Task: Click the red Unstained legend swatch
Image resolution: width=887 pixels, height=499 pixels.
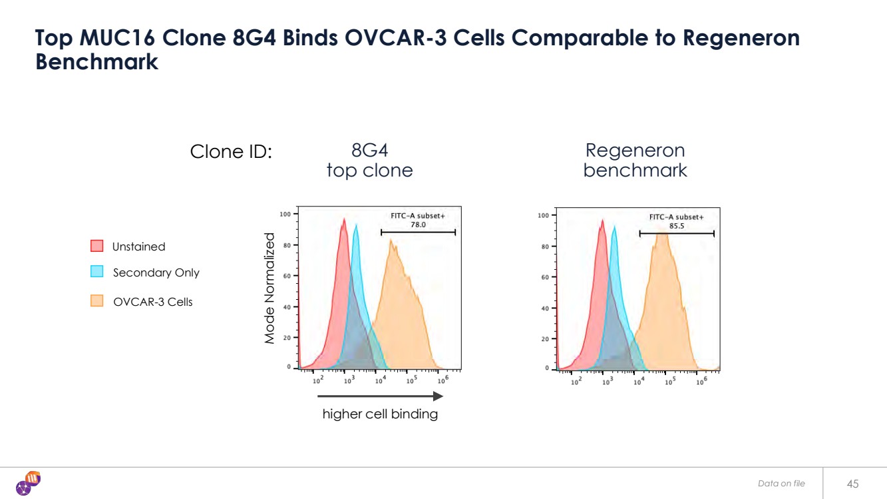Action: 96,246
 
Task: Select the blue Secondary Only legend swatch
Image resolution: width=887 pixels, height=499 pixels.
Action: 96,272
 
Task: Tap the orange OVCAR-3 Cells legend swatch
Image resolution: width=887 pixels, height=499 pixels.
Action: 96,301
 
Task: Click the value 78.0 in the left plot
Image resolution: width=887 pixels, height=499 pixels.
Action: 418,225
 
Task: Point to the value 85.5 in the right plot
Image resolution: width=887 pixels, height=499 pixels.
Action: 676,226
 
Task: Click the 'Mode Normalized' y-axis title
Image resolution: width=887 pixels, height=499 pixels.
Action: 269,288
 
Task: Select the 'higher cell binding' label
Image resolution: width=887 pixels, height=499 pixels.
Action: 380,414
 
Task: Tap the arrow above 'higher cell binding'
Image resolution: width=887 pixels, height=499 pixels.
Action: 380,396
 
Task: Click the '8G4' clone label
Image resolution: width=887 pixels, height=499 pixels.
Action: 369,150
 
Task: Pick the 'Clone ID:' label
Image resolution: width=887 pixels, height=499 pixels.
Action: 231,152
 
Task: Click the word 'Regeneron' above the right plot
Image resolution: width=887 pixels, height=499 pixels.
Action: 635,150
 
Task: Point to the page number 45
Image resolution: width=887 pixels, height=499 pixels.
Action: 853,483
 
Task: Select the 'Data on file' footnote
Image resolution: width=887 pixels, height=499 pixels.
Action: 781,483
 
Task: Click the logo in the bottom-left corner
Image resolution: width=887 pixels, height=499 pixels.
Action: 28,483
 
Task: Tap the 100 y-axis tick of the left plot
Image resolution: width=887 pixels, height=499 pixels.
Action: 285,215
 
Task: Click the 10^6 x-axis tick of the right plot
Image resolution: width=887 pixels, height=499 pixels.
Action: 701,382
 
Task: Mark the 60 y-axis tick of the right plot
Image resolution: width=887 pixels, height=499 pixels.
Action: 544,277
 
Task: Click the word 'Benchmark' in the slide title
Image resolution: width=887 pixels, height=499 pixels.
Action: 96,61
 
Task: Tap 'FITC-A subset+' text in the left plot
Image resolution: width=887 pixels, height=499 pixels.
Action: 418,216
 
